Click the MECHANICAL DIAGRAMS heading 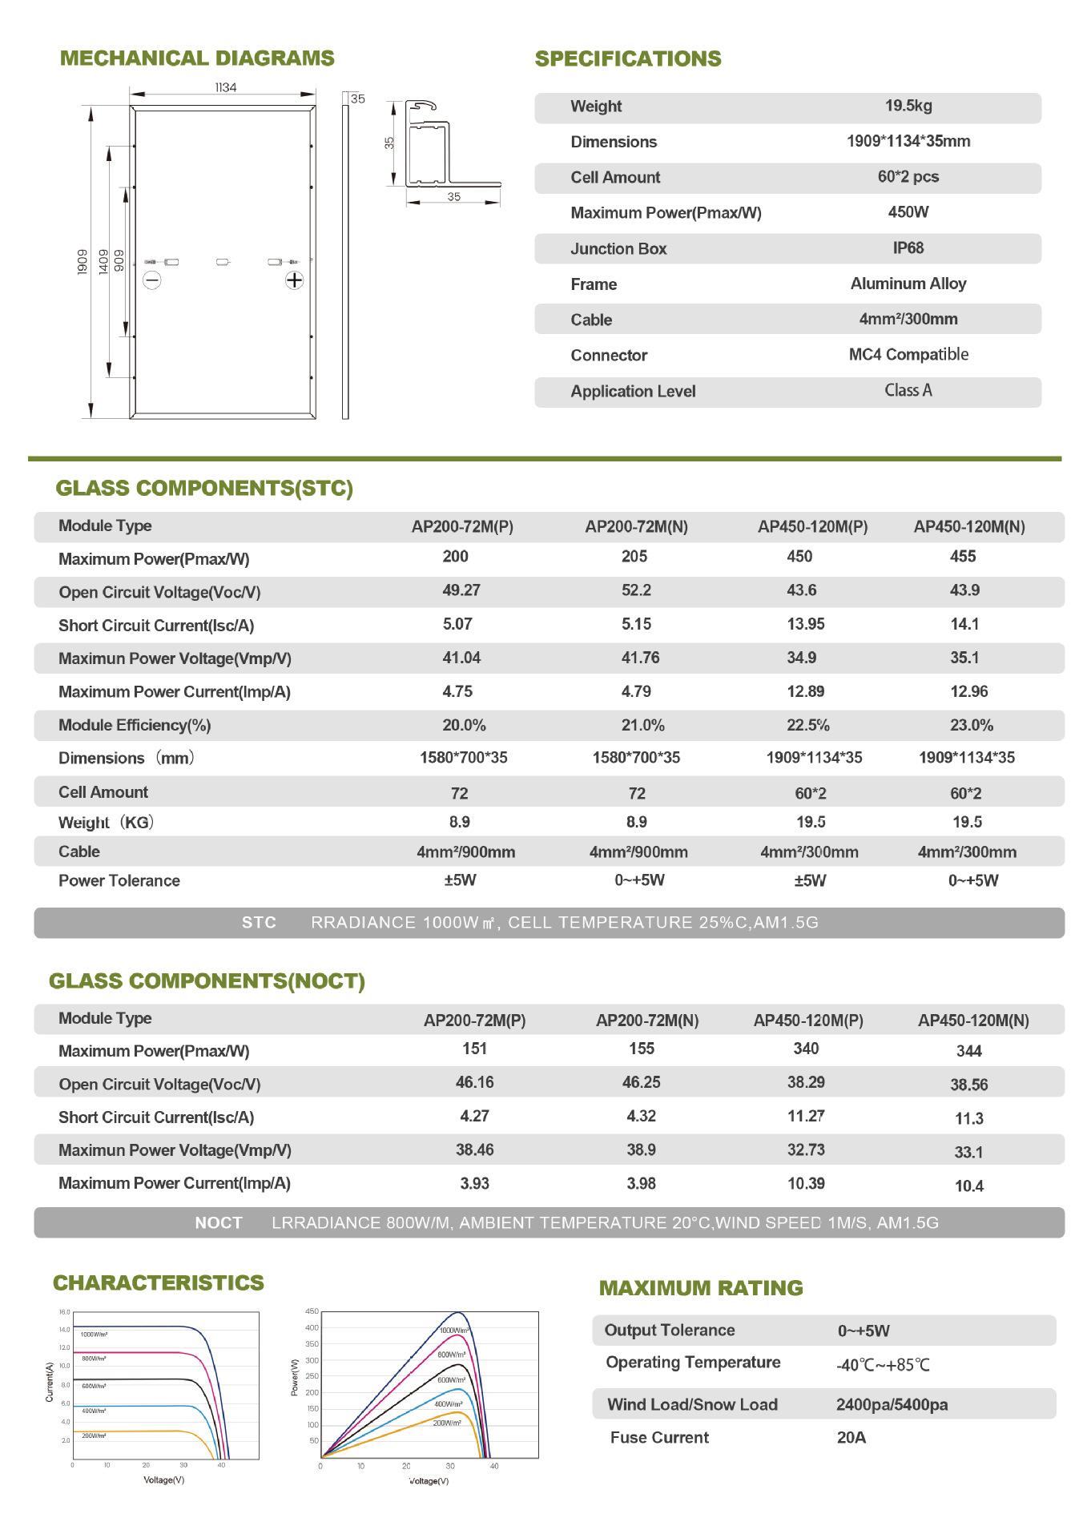click(x=197, y=58)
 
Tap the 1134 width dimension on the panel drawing click(x=225, y=87)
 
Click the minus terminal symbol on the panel click(x=151, y=280)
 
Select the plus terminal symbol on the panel click(x=295, y=280)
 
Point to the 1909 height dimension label click(x=83, y=262)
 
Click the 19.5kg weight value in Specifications click(x=908, y=106)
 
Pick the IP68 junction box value click(x=908, y=248)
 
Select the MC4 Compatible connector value click(x=908, y=354)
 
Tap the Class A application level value click(x=908, y=390)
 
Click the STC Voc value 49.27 click(x=461, y=590)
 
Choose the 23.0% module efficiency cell click(x=971, y=725)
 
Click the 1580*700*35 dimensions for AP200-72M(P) click(x=463, y=758)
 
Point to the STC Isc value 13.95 click(x=805, y=624)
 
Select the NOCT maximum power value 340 click(x=805, y=1049)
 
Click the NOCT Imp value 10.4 click(x=968, y=1186)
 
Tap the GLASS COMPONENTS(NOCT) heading click(x=207, y=981)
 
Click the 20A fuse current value click(x=851, y=1437)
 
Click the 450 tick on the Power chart click(x=312, y=1311)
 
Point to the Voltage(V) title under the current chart click(x=163, y=1480)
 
